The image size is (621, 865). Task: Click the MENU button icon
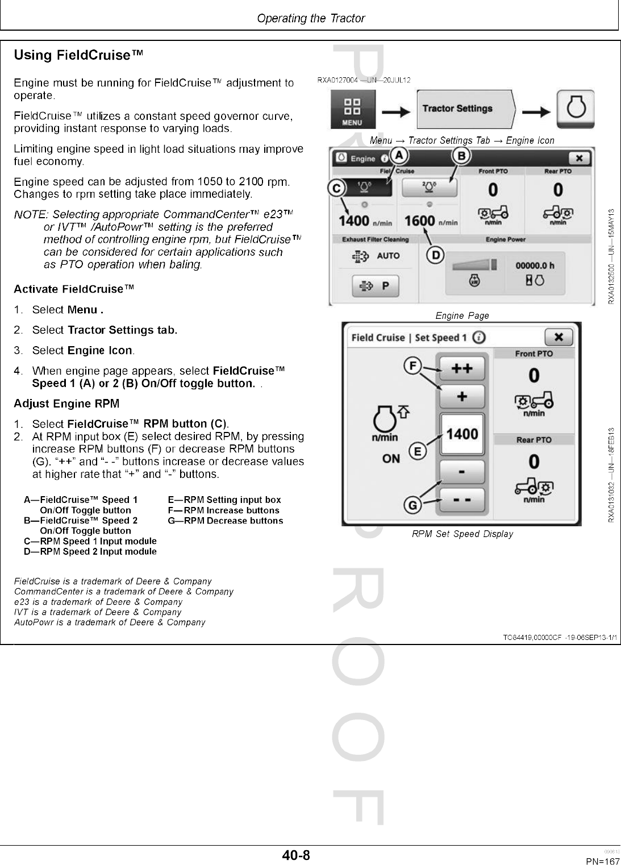[x=352, y=110]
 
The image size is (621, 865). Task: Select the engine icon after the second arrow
[x=575, y=109]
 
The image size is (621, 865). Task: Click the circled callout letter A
[x=399, y=155]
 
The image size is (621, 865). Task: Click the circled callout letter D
[x=435, y=256]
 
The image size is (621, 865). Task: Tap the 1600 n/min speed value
[x=420, y=221]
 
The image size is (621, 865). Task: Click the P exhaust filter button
[x=376, y=286]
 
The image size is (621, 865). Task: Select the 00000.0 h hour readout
[x=535, y=265]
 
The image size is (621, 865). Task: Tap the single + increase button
[x=462, y=396]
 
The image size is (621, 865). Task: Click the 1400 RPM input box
[x=462, y=434]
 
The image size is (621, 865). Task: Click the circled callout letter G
[x=413, y=505]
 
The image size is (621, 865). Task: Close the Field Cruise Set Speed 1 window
[x=559, y=337]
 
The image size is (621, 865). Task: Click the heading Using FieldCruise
[x=78, y=55]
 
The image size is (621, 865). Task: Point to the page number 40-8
[x=296, y=855]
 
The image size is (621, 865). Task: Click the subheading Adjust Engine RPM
[x=66, y=404]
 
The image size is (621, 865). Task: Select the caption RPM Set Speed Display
[x=462, y=534]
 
